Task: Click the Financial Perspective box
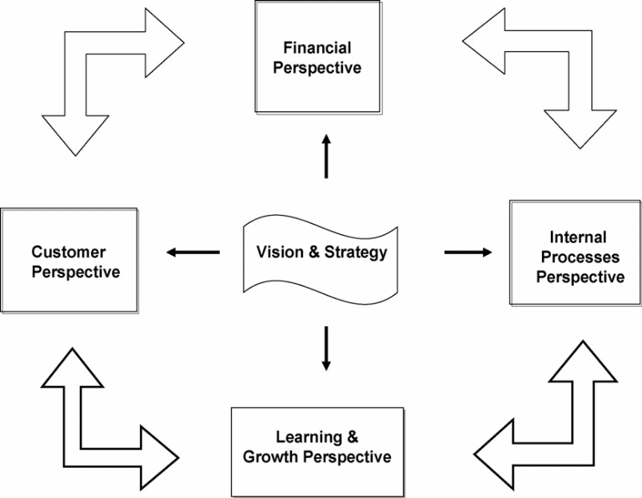tap(317, 56)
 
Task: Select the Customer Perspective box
tap(69, 261)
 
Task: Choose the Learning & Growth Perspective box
tap(317, 451)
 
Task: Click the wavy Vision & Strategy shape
tap(321, 253)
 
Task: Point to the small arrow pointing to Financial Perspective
tap(326, 155)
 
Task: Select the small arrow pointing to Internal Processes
tap(469, 253)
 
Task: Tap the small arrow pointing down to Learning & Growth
tap(326, 347)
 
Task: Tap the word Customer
tap(64, 252)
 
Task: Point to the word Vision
tap(277, 253)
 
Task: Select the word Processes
tap(579, 257)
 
